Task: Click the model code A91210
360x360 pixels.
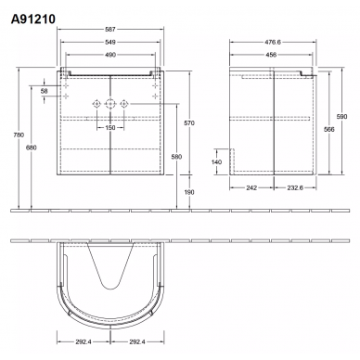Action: pos(33,19)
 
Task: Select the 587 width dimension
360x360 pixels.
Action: pos(110,30)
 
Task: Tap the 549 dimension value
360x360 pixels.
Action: pos(110,42)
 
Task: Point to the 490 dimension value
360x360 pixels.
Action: pos(110,55)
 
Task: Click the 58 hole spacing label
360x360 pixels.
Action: pos(45,91)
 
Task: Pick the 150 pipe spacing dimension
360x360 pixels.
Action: pos(110,127)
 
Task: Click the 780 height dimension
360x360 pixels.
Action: pos(19,135)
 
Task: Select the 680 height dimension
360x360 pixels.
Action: pos(32,148)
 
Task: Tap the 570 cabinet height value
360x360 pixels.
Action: pos(189,123)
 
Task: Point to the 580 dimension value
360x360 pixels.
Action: pos(176,157)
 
